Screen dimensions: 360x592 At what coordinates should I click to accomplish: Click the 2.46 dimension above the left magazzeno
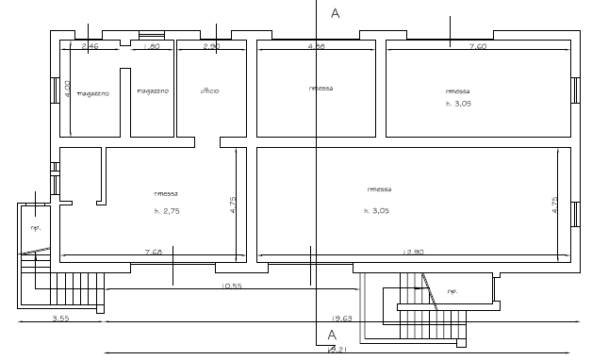(90, 45)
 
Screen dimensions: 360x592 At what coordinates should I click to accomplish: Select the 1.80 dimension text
(152, 45)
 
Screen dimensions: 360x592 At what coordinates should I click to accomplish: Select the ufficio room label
(209, 90)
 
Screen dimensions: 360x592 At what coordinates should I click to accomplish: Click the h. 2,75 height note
(165, 211)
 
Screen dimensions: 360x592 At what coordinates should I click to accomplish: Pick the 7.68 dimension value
(153, 252)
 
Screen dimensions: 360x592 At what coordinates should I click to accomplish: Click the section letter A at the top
(335, 13)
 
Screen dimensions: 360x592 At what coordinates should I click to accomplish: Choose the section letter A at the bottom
(332, 335)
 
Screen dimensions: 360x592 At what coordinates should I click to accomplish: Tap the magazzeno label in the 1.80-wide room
(152, 91)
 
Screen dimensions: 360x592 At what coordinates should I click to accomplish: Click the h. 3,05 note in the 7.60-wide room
(458, 104)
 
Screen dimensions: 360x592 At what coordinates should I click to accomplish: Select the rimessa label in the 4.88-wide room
(321, 88)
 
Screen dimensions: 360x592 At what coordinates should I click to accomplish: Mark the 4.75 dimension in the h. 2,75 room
(233, 205)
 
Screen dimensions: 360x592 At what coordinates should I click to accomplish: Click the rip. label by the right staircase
(452, 290)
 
